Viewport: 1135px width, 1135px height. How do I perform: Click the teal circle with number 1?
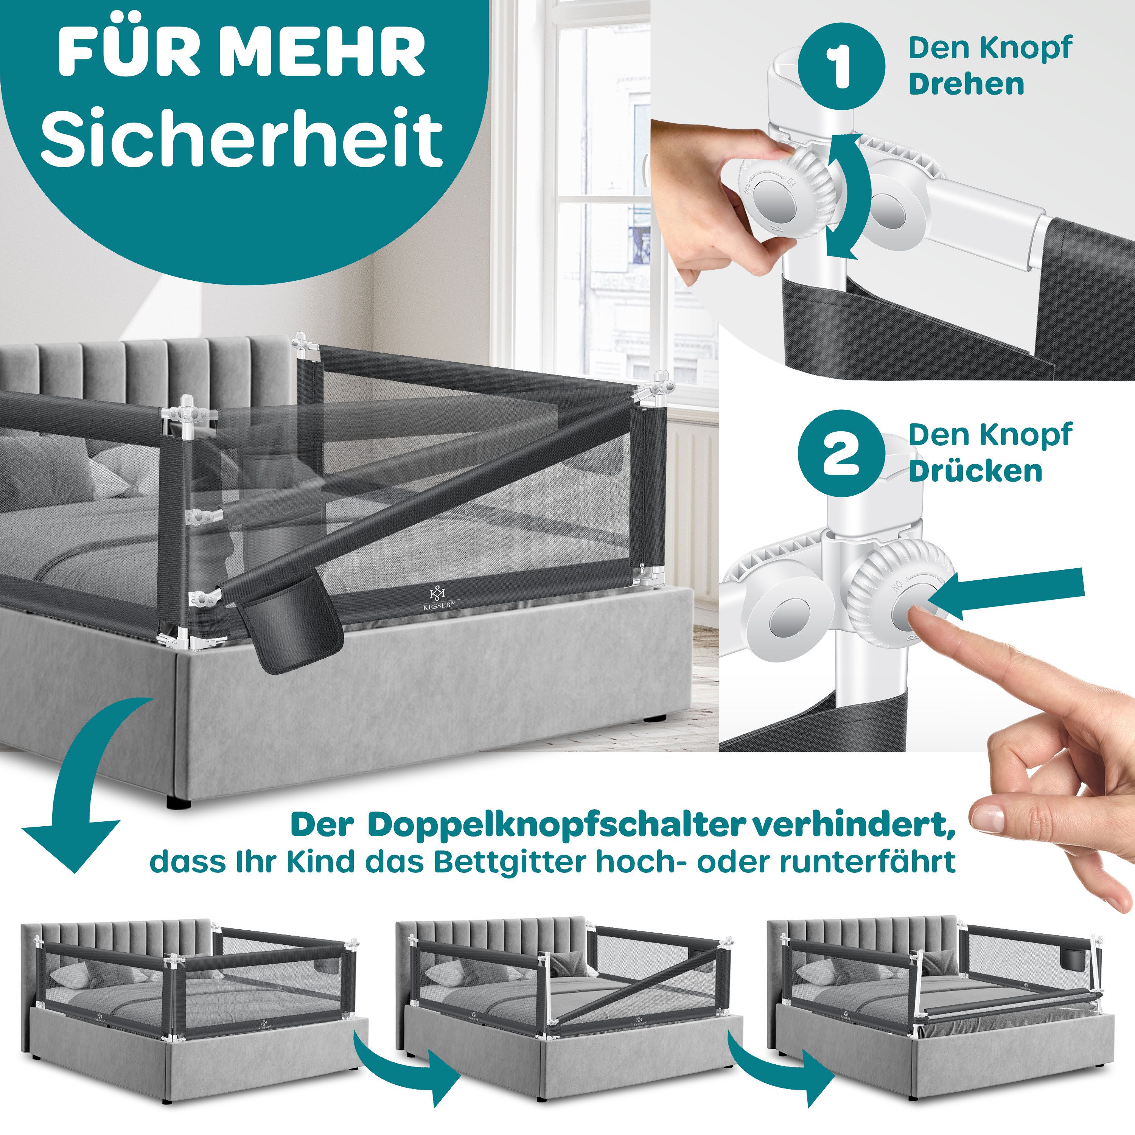pos(841,66)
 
